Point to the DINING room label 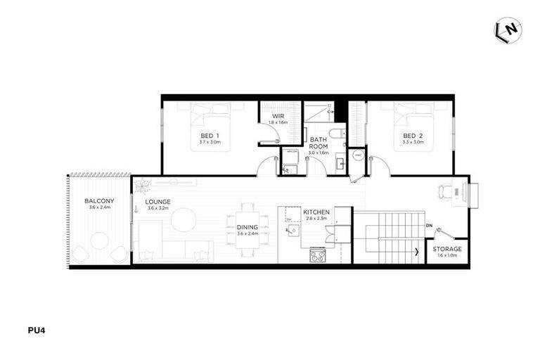[247, 226]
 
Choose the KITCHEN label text [316, 212]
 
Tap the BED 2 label [412, 136]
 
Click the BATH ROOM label [319, 142]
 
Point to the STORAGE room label [447, 249]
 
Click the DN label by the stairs [429, 226]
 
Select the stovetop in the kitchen [318, 256]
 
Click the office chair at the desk [446, 191]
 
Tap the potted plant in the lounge [143, 186]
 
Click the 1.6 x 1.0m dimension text [447, 256]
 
